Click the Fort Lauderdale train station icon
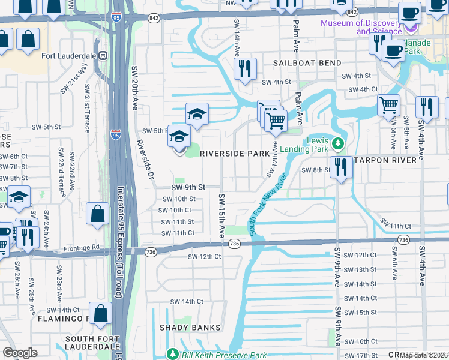[103, 56]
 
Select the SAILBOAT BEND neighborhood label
[307, 63]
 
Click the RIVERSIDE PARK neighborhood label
[234, 154]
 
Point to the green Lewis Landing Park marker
[338, 143]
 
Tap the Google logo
[20, 353]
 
